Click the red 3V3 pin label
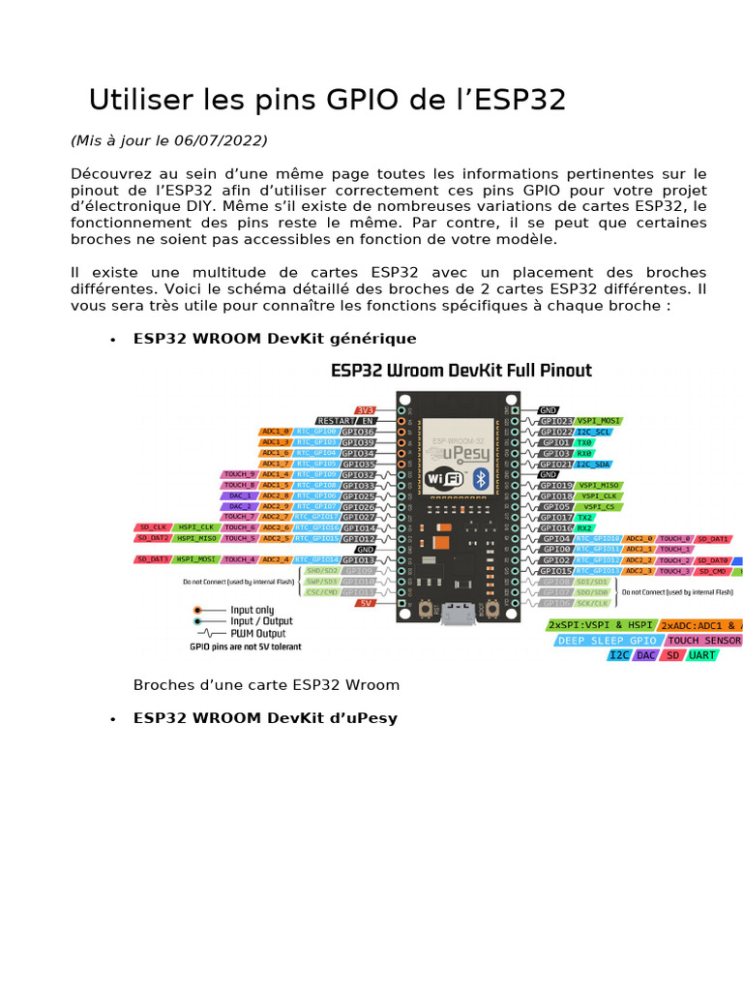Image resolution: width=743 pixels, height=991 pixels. [366, 410]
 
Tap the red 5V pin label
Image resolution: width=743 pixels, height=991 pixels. [366, 603]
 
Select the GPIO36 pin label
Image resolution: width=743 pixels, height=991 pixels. [359, 432]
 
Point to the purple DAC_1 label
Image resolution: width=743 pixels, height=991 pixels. [240, 495]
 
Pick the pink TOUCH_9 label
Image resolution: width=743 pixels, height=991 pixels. [240, 474]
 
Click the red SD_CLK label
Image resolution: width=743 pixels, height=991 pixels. [152, 527]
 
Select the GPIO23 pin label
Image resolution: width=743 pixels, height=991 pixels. [556, 421]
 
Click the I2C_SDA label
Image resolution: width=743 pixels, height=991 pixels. [594, 465]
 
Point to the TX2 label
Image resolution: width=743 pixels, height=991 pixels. [584, 518]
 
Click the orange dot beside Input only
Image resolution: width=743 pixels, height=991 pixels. [197, 610]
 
